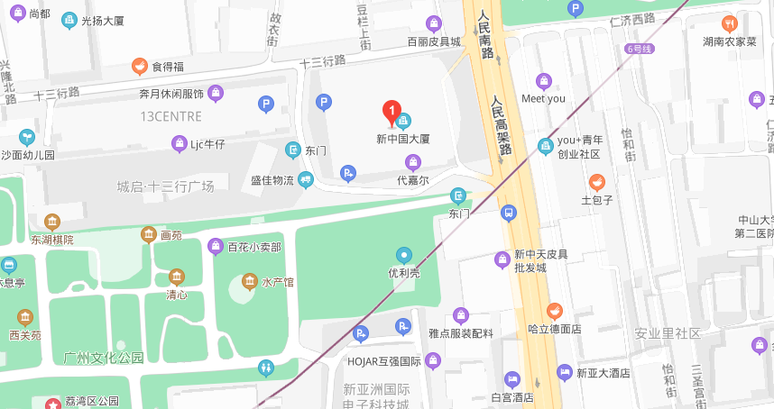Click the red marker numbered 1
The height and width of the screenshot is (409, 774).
[x=392, y=112]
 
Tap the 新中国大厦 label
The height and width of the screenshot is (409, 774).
[x=402, y=139]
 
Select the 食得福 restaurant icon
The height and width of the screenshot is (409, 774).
[x=139, y=66]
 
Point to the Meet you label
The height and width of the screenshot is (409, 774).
[x=543, y=98]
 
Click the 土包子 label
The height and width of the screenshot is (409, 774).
[x=597, y=200]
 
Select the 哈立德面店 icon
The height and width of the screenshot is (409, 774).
[x=554, y=311]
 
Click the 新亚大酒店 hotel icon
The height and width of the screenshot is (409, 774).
[x=564, y=372]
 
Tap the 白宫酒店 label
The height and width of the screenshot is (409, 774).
[x=512, y=397]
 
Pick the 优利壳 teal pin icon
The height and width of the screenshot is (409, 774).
[x=404, y=255]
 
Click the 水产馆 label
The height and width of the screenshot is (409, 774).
[x=278, y=282]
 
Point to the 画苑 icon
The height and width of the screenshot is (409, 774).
[x=148, y=235]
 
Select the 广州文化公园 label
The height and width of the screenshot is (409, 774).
[x=104, y=358]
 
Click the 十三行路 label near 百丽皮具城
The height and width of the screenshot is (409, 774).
[x=322, y=61]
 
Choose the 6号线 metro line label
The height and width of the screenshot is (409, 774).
[x=639, y=49]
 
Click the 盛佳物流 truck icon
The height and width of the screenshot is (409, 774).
[x=306, y=180]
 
